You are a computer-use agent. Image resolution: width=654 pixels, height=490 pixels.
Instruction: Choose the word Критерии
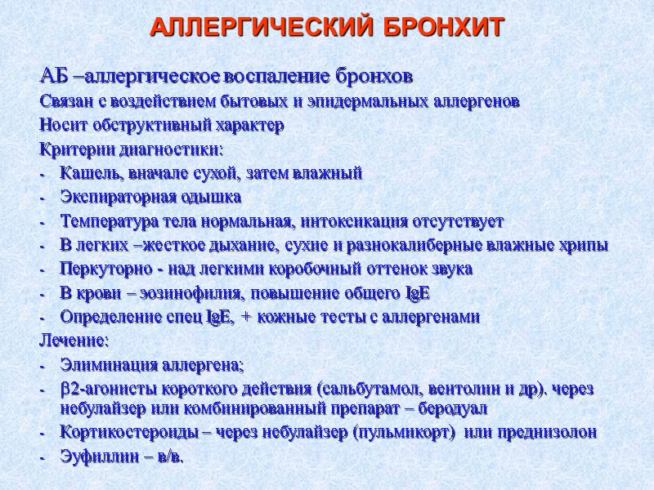click(x=69, y=150)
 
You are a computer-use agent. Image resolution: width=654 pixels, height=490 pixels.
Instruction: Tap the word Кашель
click(x=86, y=174)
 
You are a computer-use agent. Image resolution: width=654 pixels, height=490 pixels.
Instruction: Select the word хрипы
click(x=585, y=245)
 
